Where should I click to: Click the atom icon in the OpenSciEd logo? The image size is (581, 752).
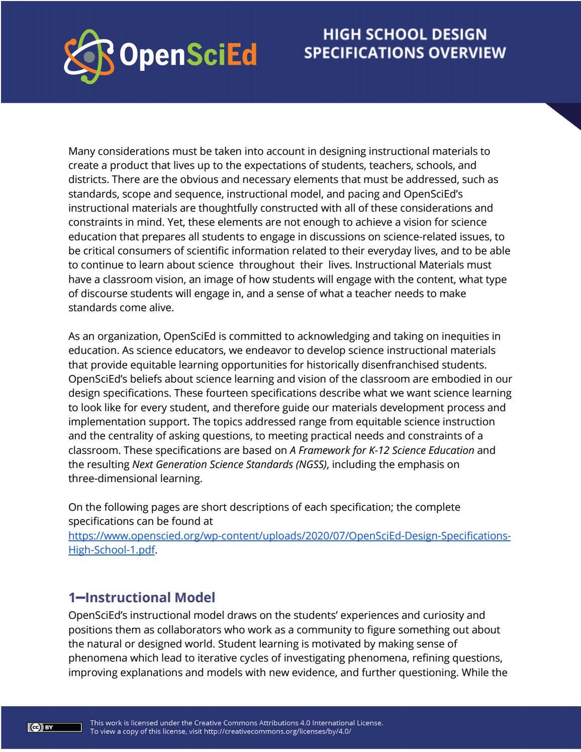click(88, 56)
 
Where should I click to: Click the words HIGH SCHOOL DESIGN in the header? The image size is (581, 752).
click(405, 34)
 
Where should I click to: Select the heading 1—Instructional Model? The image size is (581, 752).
click(142, 597)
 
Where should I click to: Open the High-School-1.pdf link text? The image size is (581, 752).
click(111, 550)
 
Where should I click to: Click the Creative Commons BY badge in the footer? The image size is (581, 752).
click(54, 727)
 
